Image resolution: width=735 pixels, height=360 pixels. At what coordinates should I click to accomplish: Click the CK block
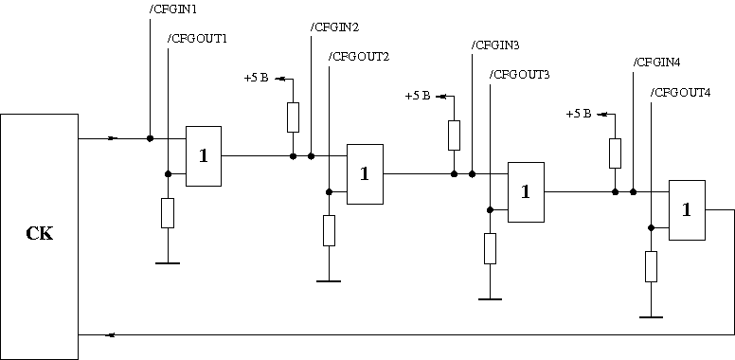[40, 237]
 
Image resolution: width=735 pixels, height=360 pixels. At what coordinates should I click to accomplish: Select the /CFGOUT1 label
[197, 39]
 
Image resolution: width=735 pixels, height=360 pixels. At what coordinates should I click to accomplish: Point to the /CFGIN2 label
[334, 27]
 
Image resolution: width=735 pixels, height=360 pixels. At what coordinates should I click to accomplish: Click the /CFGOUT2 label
[359, 57]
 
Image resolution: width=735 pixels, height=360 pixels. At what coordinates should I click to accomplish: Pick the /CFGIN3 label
[495, 45]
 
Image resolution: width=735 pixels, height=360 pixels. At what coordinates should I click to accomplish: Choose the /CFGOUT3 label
[519, 75]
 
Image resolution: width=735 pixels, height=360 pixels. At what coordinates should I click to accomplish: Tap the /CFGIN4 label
[656, 63]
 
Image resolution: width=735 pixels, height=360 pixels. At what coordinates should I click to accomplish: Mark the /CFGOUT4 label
[681, 93]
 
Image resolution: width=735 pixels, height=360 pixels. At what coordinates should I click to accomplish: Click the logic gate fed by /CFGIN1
[204, 156]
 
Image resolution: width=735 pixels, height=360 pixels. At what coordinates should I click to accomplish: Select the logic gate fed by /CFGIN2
[365, 174]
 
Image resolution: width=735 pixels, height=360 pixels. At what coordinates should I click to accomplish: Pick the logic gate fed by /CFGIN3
[526, 192]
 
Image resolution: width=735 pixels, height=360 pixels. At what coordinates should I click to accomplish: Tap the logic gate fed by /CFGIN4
[687, 210]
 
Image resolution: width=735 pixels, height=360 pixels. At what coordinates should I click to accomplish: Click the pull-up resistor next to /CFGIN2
[293, 117]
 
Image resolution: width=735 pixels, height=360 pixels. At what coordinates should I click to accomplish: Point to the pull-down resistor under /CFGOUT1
[168, 213]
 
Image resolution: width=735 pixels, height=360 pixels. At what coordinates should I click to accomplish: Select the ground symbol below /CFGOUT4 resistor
[651, 317]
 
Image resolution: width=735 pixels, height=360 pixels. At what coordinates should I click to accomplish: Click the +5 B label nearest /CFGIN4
[579, 114]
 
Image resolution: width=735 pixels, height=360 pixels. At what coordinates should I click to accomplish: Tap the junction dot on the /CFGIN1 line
[150, 138]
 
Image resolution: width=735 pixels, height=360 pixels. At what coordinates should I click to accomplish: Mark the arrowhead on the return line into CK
[111, 334]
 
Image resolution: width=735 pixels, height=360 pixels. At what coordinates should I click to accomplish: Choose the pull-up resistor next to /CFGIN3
[455, 135]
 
